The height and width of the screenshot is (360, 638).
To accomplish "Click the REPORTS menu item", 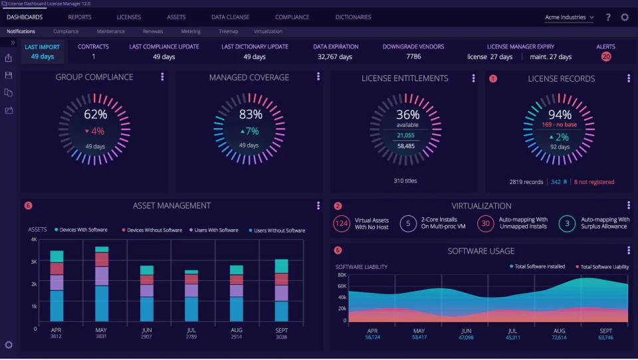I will tap(80, 17).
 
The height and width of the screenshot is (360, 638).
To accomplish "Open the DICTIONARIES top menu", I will tap(353, 17).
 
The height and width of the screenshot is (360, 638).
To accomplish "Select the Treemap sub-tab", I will tap(228, 31).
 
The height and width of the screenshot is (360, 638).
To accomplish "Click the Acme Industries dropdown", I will tap(570, 17).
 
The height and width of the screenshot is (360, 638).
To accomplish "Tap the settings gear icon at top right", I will tap(625, 17).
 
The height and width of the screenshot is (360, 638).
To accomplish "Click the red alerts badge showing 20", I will tap(605, 57).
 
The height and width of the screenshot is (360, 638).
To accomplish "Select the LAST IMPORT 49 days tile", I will tap(43, 52).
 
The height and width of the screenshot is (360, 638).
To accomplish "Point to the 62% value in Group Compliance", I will tap(95, 114).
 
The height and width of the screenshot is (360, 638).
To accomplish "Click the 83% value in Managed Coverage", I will tap(251, 114).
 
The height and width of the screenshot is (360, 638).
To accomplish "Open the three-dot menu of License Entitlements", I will tap(473, 78).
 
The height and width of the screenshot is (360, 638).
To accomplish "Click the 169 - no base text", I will tap(560, 124).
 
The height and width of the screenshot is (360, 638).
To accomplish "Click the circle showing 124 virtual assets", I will tap(342, 223).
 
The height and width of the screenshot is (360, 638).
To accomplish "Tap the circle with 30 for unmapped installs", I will tap(486, 223).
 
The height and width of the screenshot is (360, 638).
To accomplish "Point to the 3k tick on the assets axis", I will tap(33, 262).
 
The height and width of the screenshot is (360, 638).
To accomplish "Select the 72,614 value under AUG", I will tap(559, 337).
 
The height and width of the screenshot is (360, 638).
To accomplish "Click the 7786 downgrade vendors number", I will tap(413, 56).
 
